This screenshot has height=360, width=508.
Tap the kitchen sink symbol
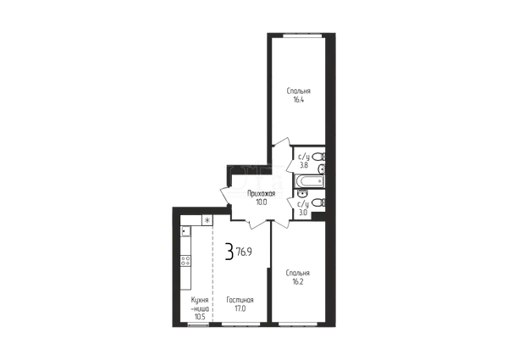pyautogui.click(x=185, y=231)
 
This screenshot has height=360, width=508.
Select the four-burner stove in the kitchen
pyautogui.click(x=185, y=261)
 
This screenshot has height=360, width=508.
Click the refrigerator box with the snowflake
pyautogui.click(x=207, y=220)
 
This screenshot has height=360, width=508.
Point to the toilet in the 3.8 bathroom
pyautogui.click(x=318, y=158)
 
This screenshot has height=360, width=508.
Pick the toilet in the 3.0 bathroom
pyautogui.click(x=318, y=203)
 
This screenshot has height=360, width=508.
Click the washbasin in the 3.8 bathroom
pyautogui.click(x=322, y=169)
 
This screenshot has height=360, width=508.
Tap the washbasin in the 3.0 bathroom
pyautogui.click(x=303, y=193)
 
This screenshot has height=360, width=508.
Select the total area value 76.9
pyautogui.click(x=244, y=252)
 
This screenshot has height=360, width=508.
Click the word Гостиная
pyautogui.click(x=240, y=300)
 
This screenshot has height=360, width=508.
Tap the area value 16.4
pyautogui.click(x=298, y=100)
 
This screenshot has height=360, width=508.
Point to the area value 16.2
pyautogui.click(x=298, y=282)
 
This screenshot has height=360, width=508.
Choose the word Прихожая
pyautogui.click(x=261, y=194)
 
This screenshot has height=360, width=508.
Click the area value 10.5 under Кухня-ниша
pyautogui.click(x=200, y=317)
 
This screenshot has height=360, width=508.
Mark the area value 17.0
pyautogui.click(x=240, y=309)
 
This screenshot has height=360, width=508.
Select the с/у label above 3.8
pyautogui.click(x=304, y=158)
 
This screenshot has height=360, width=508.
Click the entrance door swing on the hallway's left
pyautogui.click(x=226, y=196)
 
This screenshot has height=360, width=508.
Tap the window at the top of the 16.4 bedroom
pyautogui.click(x=302, y=36)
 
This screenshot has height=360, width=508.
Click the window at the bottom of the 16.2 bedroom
pyautogui.click(x=298, y=324)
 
